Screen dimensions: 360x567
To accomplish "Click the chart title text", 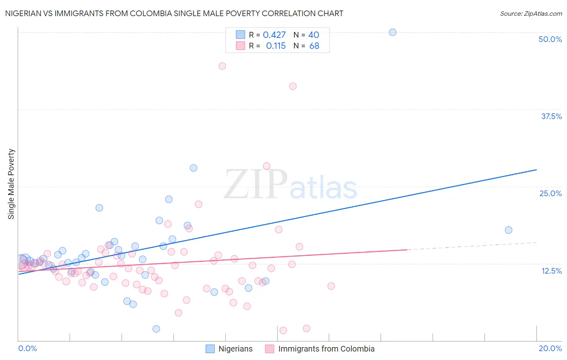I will coord(174,13).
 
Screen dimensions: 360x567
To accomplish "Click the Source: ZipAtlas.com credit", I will coord(531,14).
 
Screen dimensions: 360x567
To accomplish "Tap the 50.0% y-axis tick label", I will coord(550,39).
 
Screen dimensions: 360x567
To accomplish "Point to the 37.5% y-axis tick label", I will coord(551,116).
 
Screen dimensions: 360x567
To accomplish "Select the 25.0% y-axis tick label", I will coord(550,193).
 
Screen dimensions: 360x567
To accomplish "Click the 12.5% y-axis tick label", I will coord(551,271).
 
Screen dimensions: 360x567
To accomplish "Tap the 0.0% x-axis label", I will coord(27,348).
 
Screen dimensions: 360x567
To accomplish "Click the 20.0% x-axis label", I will coord(550,348).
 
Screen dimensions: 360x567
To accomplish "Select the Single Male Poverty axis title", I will coord(11,184).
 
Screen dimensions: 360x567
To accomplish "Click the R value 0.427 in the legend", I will coord(274,35).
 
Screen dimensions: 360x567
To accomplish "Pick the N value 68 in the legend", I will coord(314,46).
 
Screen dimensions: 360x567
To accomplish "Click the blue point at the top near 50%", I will coord(392,32).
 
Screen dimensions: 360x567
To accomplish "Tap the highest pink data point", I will coord(222,66).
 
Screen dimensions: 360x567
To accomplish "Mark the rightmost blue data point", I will coord(509,230).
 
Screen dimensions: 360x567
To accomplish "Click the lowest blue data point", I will coord(156,329).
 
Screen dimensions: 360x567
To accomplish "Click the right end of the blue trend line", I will coord(536,170).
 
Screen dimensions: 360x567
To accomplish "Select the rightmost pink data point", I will coord(331,286).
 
